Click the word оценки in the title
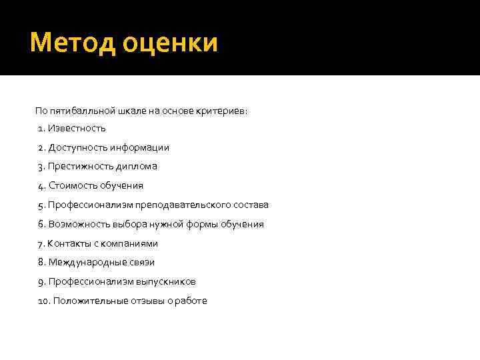(171, 43)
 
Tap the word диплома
(135, 167)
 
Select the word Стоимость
(71, 185)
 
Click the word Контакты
(69, 243)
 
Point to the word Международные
(83, 263)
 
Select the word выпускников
(166, 282)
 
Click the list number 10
(43, 301)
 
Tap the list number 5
(41, 205)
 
